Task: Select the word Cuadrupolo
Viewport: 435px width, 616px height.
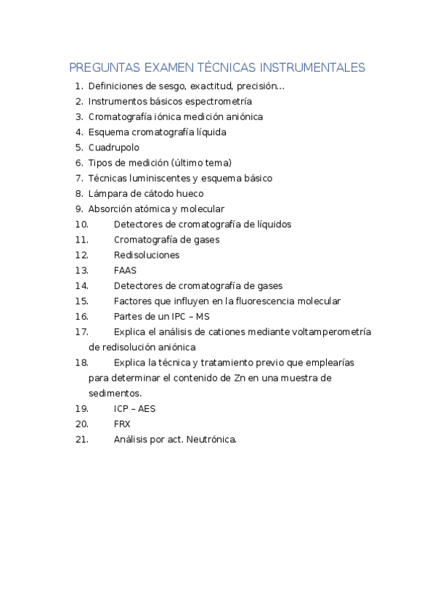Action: pyautogui.click(x=114, y=147)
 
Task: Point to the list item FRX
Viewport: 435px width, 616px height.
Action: pyautogui.click(x=122, y=423)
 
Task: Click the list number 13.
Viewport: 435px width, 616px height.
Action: pyautogui.click(x=81, y=270)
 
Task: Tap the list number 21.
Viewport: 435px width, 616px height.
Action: pyautogui.click(x=81, y=439)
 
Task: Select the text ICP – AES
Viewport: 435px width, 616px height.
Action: pyautogui.click(x=134, y=408)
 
